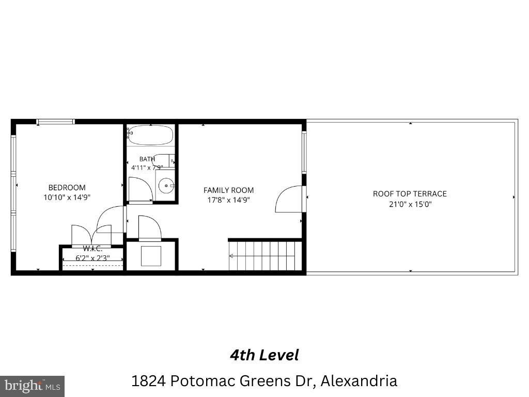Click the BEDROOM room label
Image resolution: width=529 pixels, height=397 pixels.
67,187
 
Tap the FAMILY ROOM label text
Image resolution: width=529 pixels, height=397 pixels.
228,190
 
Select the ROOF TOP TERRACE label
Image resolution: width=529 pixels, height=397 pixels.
410,194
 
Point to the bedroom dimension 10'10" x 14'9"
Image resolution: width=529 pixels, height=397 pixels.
67,197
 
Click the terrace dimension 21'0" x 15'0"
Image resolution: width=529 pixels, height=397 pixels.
410,204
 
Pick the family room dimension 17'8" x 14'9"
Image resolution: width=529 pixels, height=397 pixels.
228,200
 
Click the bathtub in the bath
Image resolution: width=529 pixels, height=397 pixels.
150,135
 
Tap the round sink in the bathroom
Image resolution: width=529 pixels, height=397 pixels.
166,186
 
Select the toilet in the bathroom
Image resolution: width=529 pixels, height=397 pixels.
163,160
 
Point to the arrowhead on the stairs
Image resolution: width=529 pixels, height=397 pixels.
231,256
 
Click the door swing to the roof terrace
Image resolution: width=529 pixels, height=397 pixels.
289,199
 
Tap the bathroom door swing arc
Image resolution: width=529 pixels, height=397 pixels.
141,189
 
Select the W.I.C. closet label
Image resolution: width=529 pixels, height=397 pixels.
92,249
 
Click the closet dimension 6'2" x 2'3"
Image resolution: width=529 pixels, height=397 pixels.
92,258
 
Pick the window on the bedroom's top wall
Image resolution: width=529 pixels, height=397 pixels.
55,122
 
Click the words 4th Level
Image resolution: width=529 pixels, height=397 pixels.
264,355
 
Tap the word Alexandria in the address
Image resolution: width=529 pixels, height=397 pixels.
359,381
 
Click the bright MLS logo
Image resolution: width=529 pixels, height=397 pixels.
32,386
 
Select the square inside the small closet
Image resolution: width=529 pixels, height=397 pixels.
151,256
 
